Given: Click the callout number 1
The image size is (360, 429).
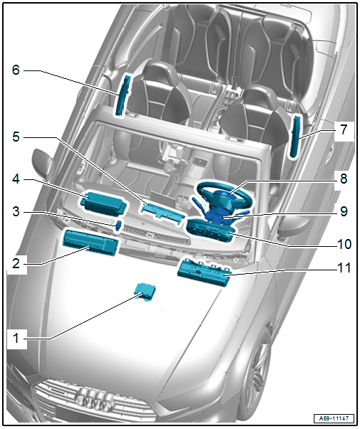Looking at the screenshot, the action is click(x=16, y=339).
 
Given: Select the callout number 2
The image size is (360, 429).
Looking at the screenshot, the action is click(x=16, y=263).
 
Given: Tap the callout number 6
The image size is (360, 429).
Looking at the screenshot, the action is click(x=16, y=70).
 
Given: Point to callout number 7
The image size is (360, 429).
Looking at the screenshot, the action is click(x=344, y=129).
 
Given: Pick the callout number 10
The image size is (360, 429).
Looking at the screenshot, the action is click(x=344, y=243).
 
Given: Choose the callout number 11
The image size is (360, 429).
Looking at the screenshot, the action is click(x=344, y=268).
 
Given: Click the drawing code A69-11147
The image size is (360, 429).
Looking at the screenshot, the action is click(x=334, y=418).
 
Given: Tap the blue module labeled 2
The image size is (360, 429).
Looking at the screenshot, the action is click(x=90, y=242).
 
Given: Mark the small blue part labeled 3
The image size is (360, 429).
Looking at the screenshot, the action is click(x=119, y=225).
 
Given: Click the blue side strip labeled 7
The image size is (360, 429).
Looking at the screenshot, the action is click(x=295, y=137).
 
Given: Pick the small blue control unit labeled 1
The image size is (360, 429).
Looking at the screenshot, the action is click(x=146, y=292).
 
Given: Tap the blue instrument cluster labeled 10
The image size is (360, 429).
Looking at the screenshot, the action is click(x=211, y=230).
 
